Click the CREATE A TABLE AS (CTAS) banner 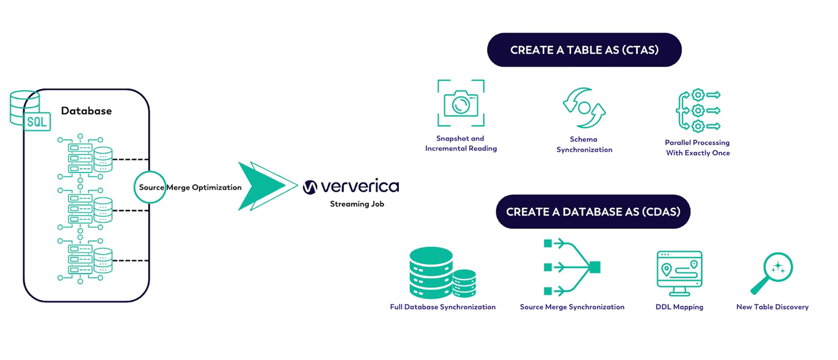coord(584,50)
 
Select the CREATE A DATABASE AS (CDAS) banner coord(593,212)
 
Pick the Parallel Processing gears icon coord(698,110)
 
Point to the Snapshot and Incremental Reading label coord(461,143)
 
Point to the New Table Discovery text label coord(772,307)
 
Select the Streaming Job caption coord(357,204)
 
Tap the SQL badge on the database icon coord(37,122)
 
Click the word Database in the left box coord(86,111)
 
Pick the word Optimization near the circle coord(217,188)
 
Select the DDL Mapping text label coord(679,307)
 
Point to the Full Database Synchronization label coord(443,307)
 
